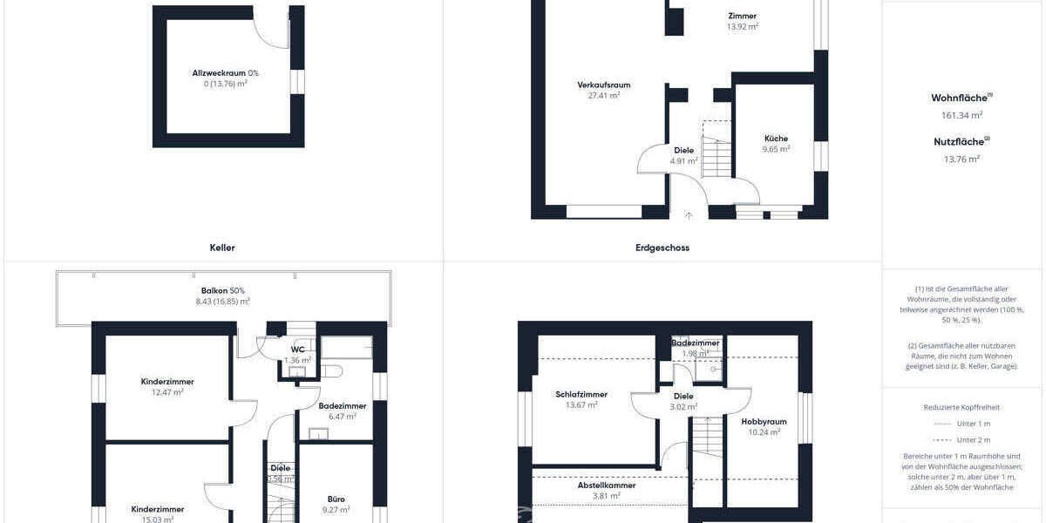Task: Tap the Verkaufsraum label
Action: point(603,85)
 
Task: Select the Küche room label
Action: point(776,138)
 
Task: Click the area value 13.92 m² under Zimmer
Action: point(742,27)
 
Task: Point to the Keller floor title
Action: point(222,248)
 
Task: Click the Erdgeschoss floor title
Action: point(663,248)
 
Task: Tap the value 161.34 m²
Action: point(961,115)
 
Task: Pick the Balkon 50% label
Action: point(222,290)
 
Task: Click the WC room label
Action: point(297,349)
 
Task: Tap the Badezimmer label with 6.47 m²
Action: point(342,405)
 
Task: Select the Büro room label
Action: point(336,499)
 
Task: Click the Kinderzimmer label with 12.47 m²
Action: point(166,381)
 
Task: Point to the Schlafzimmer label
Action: point(581,394)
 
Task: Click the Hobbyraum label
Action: point(764,421)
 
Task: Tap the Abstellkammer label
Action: point(606,485)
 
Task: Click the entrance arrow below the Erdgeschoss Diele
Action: point(689,215)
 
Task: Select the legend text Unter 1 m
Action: point(973,424)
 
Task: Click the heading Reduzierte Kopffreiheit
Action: point(961,407)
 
